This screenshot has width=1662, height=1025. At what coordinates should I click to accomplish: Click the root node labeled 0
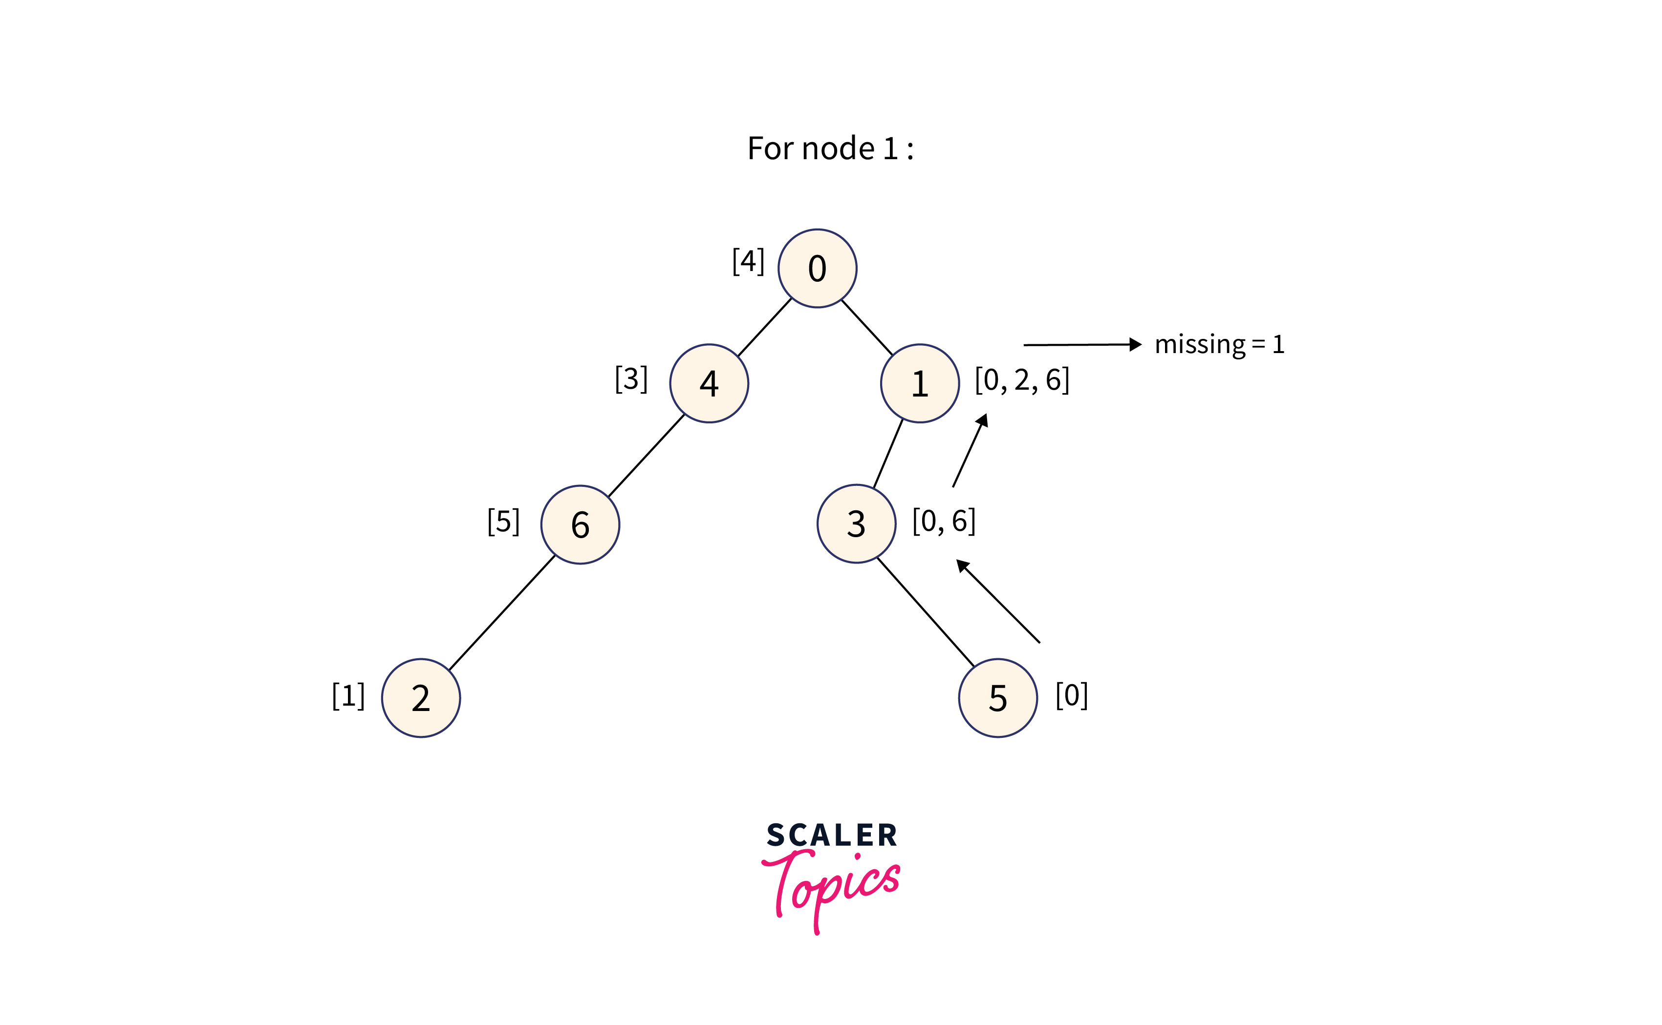(818, 269)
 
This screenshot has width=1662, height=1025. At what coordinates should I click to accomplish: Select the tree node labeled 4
(709, 384)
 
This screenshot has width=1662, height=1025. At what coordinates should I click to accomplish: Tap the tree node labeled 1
(920, 384)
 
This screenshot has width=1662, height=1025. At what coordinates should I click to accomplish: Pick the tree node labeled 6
(580, 524)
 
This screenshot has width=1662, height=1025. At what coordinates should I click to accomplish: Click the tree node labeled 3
(856, 524)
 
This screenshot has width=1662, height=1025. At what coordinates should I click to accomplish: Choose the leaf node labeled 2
(421, 698)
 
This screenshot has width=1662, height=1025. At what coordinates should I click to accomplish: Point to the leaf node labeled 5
(998, 698)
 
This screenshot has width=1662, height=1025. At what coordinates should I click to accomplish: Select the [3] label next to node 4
(631, 379)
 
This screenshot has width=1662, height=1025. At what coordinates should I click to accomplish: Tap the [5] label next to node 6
(503, 522)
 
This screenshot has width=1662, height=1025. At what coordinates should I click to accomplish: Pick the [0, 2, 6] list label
(1022, 380)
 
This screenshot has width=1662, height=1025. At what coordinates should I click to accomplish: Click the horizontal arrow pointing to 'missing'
(1082, 345)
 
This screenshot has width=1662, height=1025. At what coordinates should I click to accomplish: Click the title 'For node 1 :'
(830, 148)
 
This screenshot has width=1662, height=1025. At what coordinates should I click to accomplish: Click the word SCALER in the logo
(832, 835)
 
